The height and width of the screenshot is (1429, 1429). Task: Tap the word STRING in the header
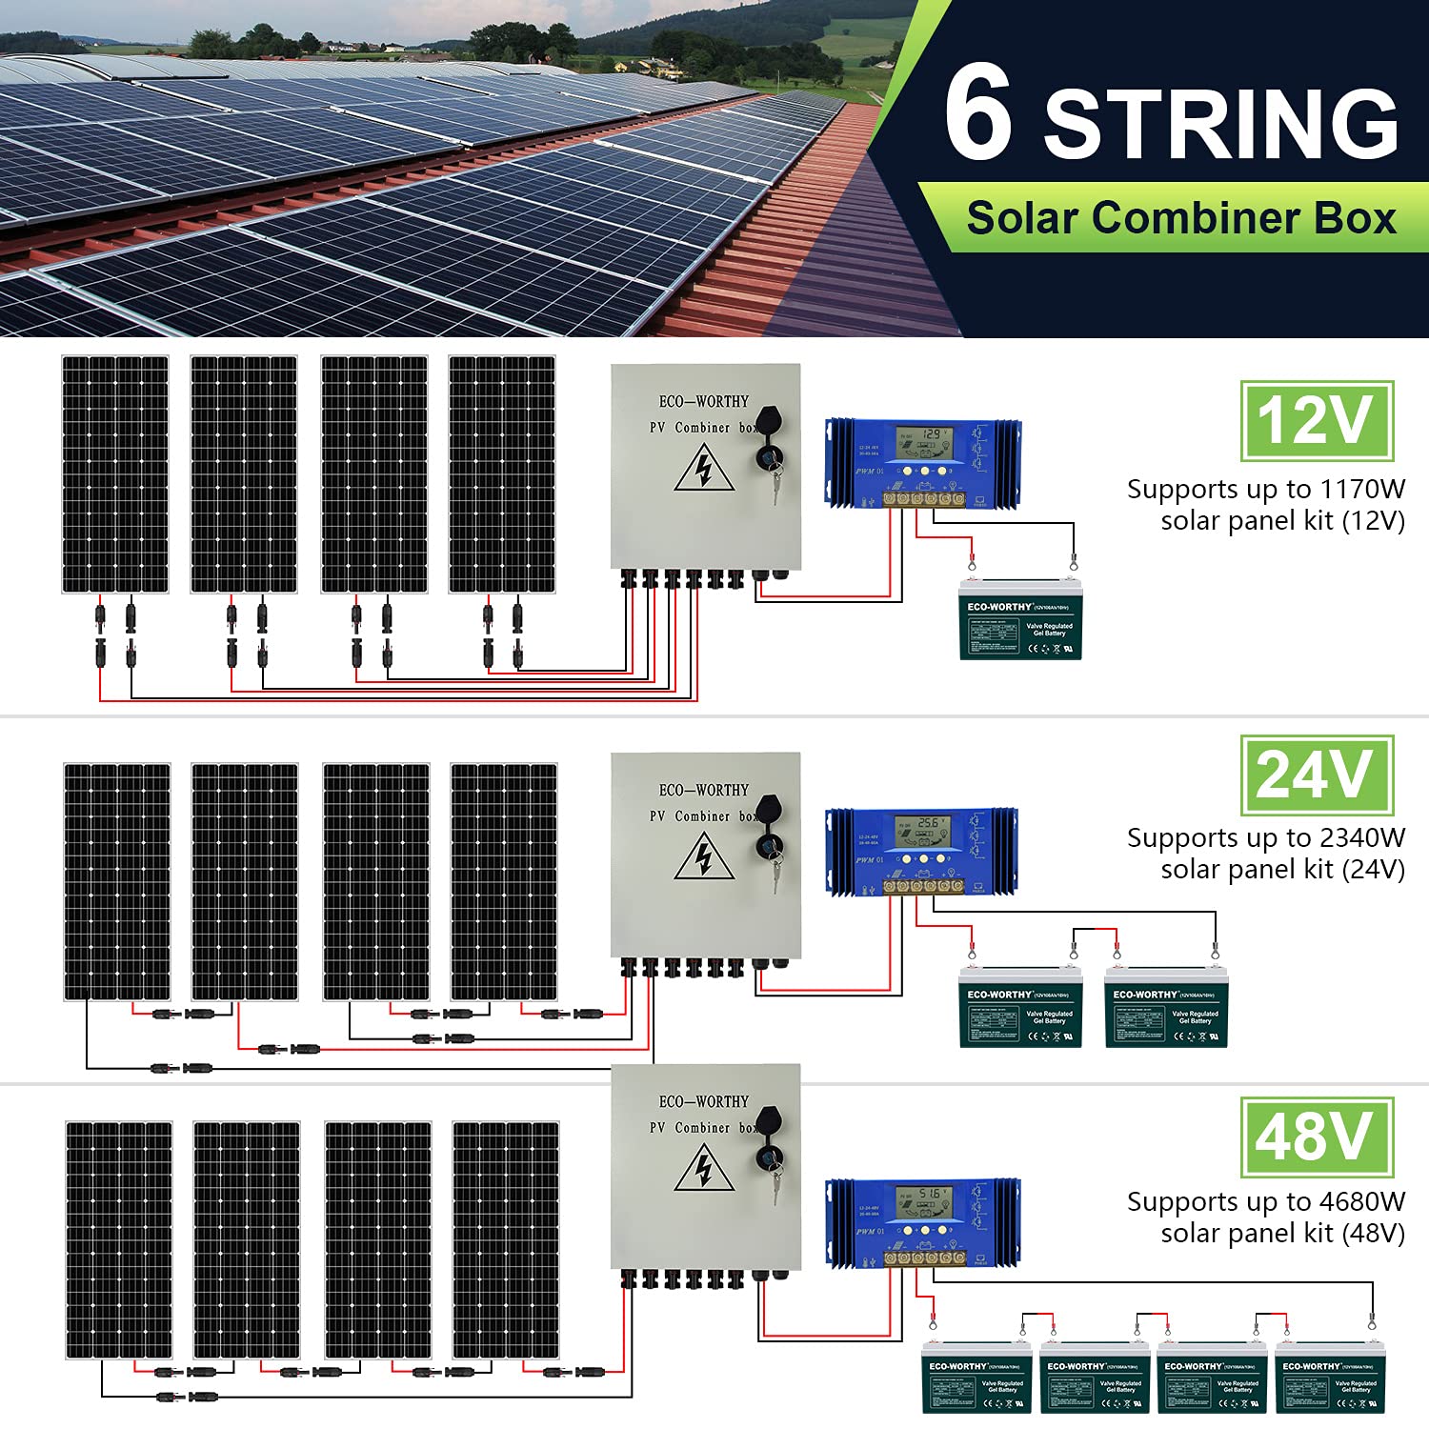(x=1221, y=124)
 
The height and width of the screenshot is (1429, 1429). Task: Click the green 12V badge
(x=1317, y=420)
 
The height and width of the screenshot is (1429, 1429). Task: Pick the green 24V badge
(x=1317, y=775)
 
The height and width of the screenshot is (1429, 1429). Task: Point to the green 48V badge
(x=1317, y=1137)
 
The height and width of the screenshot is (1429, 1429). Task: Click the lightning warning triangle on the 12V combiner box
(x=703, y=469)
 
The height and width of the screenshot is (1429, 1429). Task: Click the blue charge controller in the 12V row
(x=922, y=462)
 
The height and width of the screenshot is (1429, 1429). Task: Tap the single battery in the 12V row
(x=1020, y=620)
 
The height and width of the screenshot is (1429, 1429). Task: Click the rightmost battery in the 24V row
(x=1166, y=1008)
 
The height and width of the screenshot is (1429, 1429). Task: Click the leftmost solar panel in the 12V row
(x=115, y=474)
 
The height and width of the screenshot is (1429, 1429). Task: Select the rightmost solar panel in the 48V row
(x=505, y=1239)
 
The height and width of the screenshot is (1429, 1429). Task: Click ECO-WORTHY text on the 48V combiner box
(x=703, y=1102)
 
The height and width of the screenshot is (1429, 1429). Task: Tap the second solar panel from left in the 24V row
(x=245, y=881)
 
